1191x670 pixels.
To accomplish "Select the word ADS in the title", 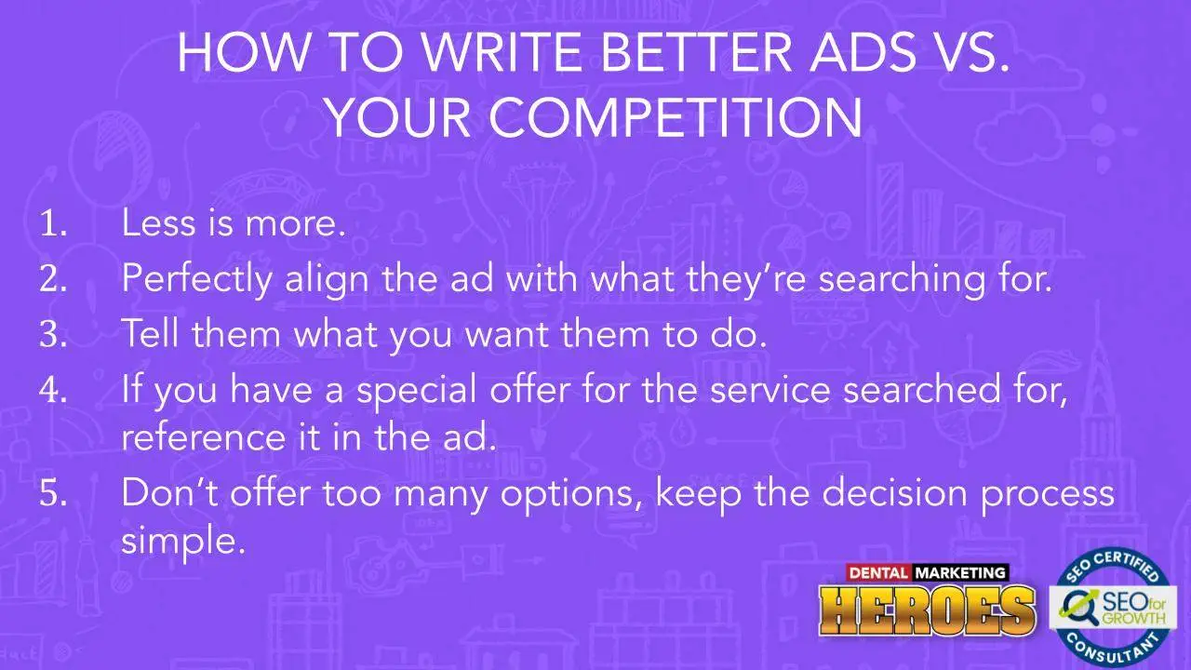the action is pos(863,52).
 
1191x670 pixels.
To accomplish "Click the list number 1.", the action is pos(53,223).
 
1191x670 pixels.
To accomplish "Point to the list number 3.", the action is pos(53,334).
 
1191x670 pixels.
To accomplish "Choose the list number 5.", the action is pos(53,493).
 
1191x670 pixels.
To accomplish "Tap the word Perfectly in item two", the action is pos(196,280).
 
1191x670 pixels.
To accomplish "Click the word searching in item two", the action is pos(902,280).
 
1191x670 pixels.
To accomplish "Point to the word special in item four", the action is pos(416,391).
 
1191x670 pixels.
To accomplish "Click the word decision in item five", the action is pos(894,492).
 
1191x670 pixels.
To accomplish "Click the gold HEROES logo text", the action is pos(928,611).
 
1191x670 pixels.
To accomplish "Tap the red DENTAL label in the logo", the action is pos(878,572).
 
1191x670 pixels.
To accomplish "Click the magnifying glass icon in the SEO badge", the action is pos(1077,609).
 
